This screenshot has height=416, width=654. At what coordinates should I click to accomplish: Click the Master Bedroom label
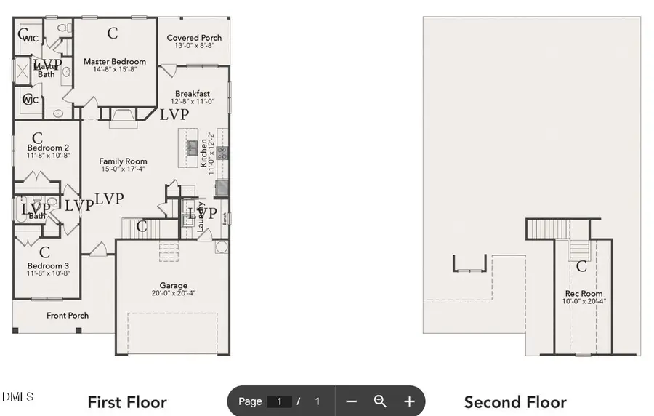(114, 62)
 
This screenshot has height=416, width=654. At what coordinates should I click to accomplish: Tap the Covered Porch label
(194, 38)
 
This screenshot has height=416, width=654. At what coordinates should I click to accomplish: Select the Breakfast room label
(193, 94)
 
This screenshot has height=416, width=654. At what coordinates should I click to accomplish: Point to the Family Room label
(123, 161)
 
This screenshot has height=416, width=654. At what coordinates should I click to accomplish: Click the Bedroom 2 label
(48, 148)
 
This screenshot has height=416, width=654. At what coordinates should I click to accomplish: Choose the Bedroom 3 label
(48, 265)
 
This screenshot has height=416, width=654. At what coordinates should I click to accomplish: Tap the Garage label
(174, 286)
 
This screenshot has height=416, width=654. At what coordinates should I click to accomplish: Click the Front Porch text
(68, 316)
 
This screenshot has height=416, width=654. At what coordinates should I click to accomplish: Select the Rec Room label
(584, 294)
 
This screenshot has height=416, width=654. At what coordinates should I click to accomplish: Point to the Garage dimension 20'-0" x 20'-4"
(174, 294)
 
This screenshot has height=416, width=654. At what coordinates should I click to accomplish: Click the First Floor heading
(127, 402)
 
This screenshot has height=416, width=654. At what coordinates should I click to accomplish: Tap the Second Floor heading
(515, 402)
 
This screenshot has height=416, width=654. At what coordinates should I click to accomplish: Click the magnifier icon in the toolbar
(380, 401)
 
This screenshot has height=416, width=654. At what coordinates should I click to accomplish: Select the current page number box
(279, 401)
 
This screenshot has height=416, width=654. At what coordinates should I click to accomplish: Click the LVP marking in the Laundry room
(203, 213)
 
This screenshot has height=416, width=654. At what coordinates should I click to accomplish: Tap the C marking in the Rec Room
(581, 267)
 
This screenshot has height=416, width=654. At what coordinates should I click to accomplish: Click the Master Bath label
(45, 70)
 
